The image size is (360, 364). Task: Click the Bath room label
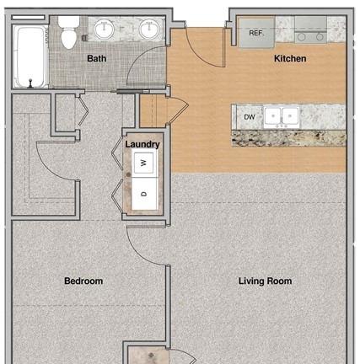pyautogui.click(x=96, y=58)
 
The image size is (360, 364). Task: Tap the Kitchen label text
pyautogui.click(x=290, y=58)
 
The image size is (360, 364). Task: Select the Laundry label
pyautogui.click(x=142, y=144)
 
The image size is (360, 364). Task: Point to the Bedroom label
pyautogui.click(x=83, y=281)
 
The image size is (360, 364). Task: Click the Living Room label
pyautogui.click(x=265, y=281)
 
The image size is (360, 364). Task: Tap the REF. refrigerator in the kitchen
pyautogui.click(x=256, y=33)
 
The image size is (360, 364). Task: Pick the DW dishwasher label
pyautogui.click(x=250, y=117)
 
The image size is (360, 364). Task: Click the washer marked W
pyautogui.click(x=144, y=163)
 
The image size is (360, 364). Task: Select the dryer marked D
pyautogui.click(x=144, y=194)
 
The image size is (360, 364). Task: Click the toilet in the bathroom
pyautogui.click(x=68, y=32)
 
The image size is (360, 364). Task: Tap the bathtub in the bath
pyautogui.click(x=30, y=56)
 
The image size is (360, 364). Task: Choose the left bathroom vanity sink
pyautogui.click(x=105, y=29)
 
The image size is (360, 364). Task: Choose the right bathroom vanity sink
pyautogui.click(x=150, y=29)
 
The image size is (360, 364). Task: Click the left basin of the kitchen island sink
pyautogui.click(x=272, y=116)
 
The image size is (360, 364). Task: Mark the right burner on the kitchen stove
pyautogui.click(x=320, y=37)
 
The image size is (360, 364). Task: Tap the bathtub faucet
pyautogui.click(x=30, y=83)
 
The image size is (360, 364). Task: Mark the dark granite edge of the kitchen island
pyautogui.click(x=288, y=138)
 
